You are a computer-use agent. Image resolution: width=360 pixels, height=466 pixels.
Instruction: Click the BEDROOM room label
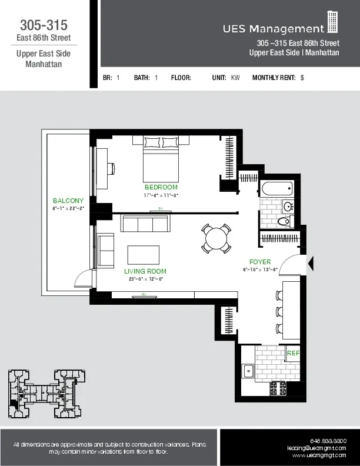click(161, 187)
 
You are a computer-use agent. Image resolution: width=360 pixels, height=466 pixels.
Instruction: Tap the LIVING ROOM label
click(145, 271)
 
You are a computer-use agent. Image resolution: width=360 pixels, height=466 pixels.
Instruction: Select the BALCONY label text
click(68, 201)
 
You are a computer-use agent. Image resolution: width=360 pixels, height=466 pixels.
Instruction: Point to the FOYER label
click(260, 262)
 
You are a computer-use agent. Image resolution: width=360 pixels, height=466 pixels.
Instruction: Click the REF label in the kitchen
click(293, 353)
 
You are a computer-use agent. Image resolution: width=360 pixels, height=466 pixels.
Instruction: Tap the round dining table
click(215, 238)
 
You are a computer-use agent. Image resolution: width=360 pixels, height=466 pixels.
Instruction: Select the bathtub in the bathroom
click(276, 189)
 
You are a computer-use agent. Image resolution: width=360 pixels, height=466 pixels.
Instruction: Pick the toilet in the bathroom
click(285, 221)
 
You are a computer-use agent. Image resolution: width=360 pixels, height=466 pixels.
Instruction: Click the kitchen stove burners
click(278, 388)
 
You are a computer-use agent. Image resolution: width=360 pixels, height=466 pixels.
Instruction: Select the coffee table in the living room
click(143, 254)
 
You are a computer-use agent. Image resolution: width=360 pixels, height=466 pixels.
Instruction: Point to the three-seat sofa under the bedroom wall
click(145, 224)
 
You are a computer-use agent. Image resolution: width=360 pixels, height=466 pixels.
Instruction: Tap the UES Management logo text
click(273, 28)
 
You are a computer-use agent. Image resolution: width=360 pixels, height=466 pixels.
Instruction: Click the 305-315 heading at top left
click(44, 25)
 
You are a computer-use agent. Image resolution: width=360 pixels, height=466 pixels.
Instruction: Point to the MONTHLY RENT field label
click(274, 77)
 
